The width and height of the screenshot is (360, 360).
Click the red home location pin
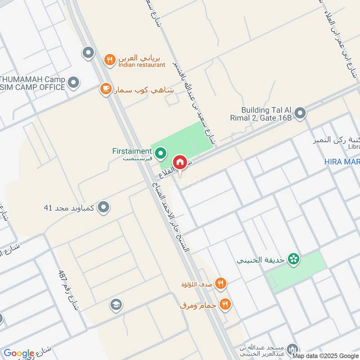(x=180, y=162)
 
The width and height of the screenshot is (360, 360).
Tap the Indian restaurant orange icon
(x=109, y=59)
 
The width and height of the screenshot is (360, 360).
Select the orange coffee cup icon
(x=106, y=89)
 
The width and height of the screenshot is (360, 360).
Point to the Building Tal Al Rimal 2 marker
(x=300, y=113)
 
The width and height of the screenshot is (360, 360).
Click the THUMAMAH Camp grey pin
(x=73, y=83)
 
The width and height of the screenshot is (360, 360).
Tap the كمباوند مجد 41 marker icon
(x=104, y=207)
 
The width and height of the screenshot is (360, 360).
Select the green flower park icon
(x=294, y=260)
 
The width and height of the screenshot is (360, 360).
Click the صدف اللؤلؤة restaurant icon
(x=220, y=283)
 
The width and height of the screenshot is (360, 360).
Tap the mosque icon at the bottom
(x=294, y=349)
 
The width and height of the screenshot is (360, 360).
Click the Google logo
(x=18, y=353)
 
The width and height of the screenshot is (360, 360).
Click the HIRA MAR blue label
(x=342, y=162)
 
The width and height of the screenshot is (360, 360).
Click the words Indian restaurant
(x=142, y=65)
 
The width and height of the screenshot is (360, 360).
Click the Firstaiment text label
(x=132, y=151)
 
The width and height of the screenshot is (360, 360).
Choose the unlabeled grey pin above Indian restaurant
(x=88, y=53)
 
